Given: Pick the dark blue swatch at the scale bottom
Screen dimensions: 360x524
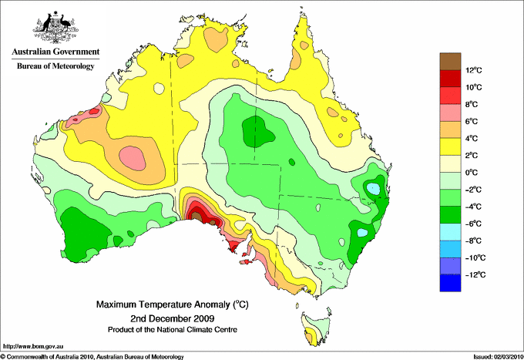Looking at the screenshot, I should click(x=449, y=283).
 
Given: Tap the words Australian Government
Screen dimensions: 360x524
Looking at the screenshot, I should click(x=55, y=52).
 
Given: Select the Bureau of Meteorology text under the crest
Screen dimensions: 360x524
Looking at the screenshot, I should click(x=55, y=66).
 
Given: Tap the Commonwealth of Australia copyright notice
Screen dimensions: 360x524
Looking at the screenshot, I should click(x=92, y=356).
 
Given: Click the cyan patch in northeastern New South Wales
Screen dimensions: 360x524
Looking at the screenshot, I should click(x=374, y=187).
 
